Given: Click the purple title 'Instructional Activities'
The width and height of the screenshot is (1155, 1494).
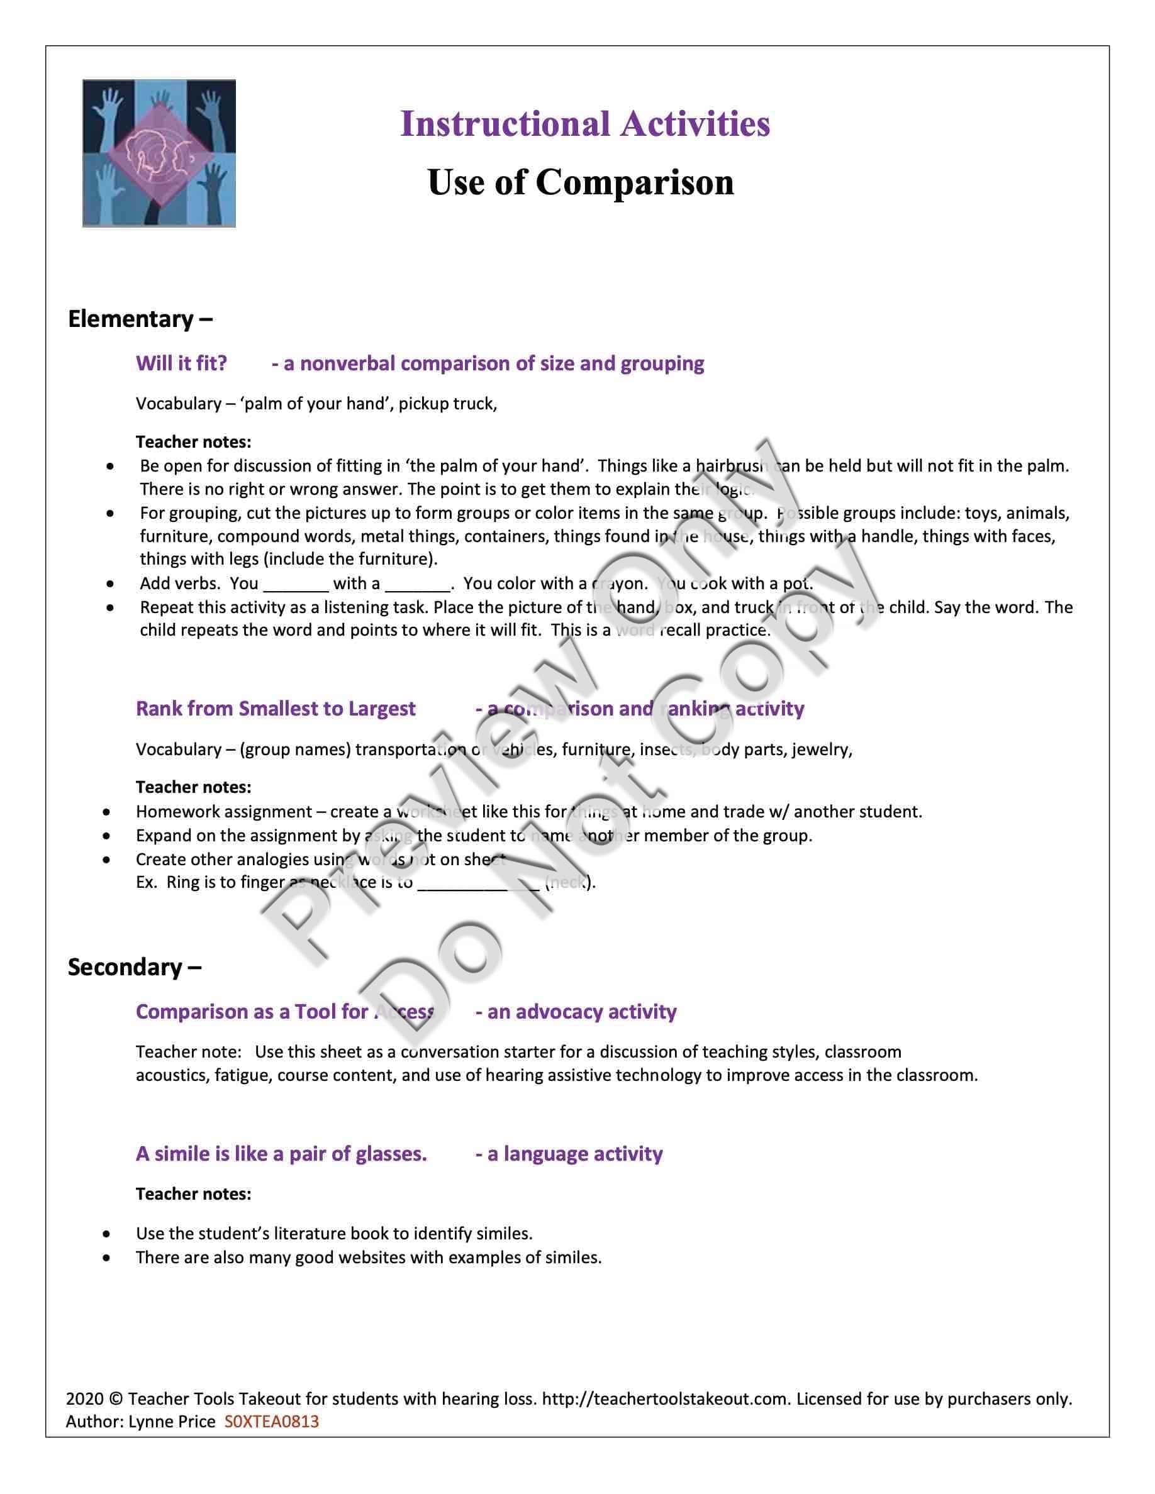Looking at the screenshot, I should point(585,124).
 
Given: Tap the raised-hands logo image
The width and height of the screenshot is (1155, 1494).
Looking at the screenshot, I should point(159,153).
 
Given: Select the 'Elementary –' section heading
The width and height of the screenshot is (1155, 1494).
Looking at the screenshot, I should point(140,319).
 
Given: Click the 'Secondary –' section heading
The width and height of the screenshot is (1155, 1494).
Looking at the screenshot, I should point(134,966).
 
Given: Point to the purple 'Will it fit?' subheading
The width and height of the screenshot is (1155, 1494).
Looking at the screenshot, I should point(181,363).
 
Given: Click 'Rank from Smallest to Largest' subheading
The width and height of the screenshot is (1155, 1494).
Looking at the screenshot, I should point(275,708).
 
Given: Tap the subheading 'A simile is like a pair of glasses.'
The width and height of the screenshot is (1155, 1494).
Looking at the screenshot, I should point(281,1153).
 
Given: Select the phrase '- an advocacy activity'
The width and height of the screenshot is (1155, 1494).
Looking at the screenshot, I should point(576,1011).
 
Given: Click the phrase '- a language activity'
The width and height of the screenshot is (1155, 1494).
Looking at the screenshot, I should point(569,1153).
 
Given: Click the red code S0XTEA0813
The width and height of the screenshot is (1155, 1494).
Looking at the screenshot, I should point(272,1422).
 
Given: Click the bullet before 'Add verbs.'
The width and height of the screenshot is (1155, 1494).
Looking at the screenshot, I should point(110,584).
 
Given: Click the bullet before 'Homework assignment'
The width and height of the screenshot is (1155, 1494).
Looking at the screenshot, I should point(106,812).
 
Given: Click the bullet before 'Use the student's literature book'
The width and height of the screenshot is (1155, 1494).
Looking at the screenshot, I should point(106,1234).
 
